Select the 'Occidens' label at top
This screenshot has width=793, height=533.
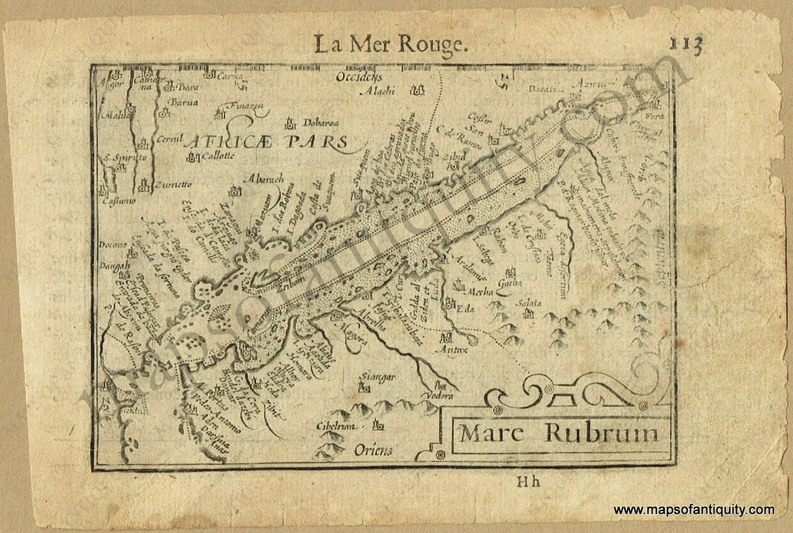coord(359,78)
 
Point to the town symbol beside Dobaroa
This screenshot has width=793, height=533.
coord(290,122)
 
